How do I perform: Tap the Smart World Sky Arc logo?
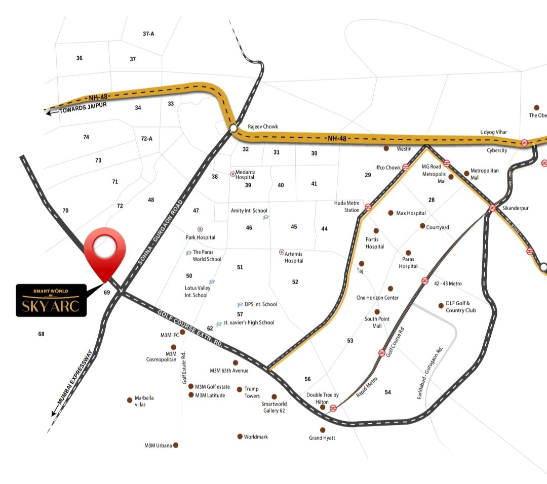[x=51, y=301]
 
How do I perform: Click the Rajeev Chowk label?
[x=263, y=127]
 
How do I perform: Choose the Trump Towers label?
[x=252, y=392]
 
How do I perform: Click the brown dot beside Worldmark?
[x=240, y=436]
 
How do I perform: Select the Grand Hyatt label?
[x=322, y=438]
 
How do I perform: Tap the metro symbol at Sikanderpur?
[x=492, y=208]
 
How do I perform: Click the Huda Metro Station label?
[x=347, y=207]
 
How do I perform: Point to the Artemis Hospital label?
[x=294, y=257]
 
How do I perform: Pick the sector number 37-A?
[x=148, y=34]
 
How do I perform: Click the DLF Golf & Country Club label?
[x=461, y=307]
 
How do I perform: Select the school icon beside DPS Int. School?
[x=240, y=305]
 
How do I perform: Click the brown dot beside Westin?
[x=386, y=148]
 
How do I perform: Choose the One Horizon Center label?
[x=377, y=298]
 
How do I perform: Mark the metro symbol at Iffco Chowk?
[x=406, y=167]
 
